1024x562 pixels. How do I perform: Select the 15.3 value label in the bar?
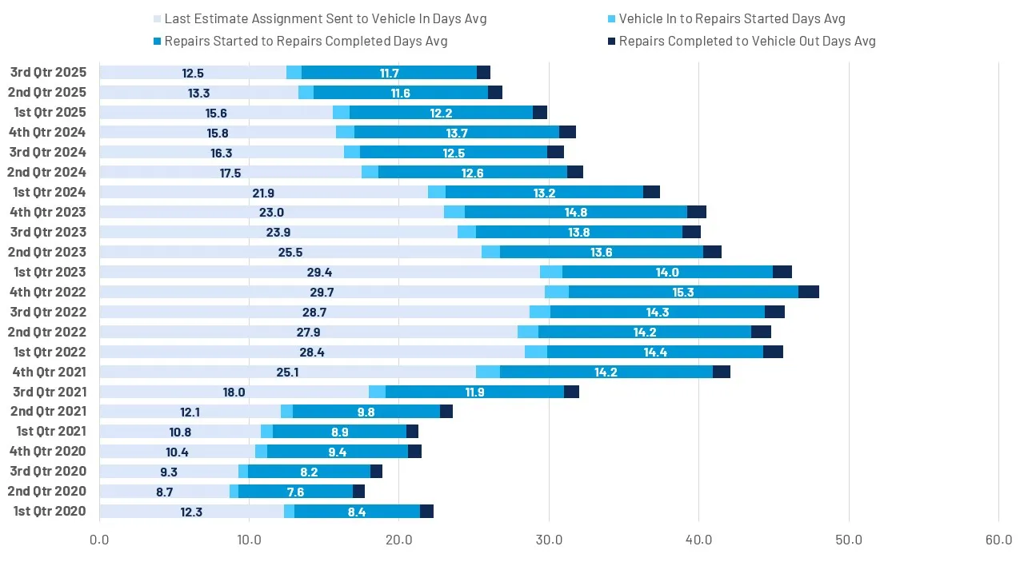683,292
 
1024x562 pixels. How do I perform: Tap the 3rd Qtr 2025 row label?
48,73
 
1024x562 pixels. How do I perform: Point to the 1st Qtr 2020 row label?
50,512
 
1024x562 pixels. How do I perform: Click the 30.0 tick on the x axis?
549,540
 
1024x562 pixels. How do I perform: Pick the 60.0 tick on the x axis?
998,540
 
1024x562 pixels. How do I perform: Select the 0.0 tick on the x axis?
99,540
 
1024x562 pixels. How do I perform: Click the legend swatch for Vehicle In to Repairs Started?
610,19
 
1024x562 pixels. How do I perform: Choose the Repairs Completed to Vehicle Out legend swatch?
610,42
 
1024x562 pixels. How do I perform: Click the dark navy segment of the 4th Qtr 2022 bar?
808,292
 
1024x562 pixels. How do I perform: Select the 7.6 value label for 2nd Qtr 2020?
295,492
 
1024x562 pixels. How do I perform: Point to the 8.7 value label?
165,492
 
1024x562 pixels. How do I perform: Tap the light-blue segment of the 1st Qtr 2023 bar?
551,272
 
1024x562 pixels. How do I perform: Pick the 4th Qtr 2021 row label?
50,372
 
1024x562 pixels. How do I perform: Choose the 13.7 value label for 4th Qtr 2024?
458,133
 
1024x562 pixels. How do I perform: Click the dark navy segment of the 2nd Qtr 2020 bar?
358,492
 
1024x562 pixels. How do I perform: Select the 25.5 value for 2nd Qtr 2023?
290,252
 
